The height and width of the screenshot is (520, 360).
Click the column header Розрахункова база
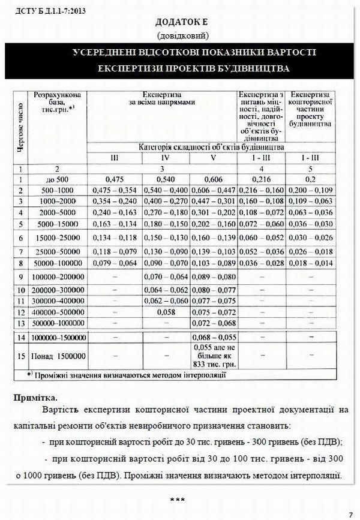[x=59, y=104]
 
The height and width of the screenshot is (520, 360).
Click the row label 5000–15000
[x=59, y=224]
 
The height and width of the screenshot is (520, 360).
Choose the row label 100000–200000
[x=59, y=277]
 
